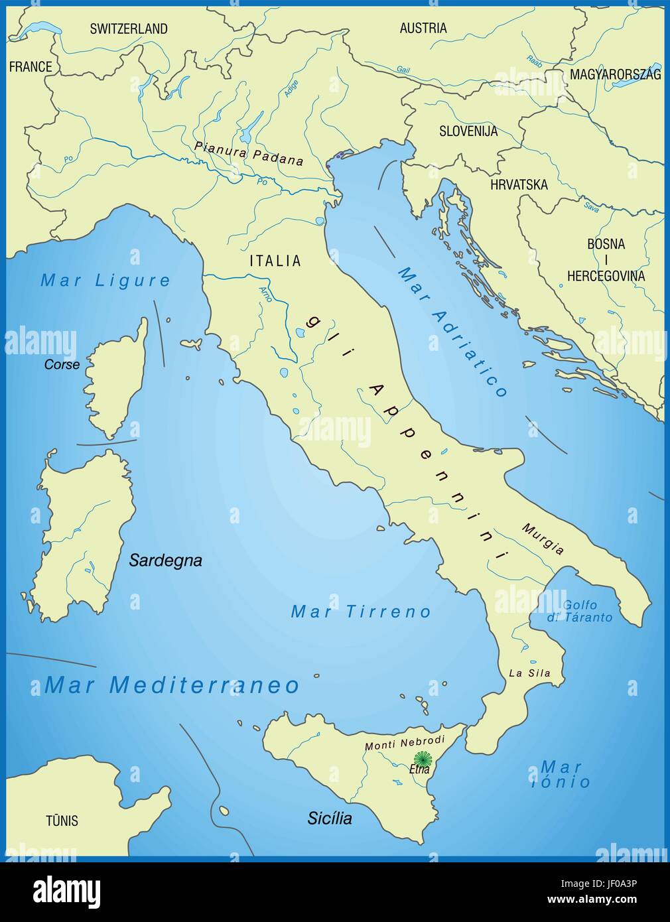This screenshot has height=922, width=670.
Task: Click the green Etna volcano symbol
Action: [x=422, y=758]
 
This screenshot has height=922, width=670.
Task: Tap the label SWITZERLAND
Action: [x=129, y=29]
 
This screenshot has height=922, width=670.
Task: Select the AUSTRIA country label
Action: [x=423, y=28]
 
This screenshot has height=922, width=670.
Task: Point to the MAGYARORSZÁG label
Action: [x=615, y=74]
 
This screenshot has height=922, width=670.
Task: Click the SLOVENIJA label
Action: [x=468, y=131]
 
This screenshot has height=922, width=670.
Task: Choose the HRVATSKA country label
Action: [x=519, y=184]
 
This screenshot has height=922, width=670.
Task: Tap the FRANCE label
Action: [x=31, y=66]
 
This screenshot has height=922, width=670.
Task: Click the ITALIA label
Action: [x=275, y=261]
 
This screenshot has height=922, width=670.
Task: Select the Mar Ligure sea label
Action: [x=105, y=281]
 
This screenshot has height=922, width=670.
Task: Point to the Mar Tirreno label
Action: [x=361, y=612]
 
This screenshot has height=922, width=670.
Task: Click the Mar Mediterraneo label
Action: [x=172, y=685]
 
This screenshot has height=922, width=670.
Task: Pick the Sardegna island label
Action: [x=165, y=560]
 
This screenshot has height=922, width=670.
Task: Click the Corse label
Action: [x=62, y=364]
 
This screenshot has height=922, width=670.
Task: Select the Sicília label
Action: [x=330, y=818]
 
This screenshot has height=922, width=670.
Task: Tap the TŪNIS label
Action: [x=62, y=821]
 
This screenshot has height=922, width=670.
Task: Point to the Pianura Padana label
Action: [x=249, y=153]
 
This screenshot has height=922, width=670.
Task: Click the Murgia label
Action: [x=543, y=539]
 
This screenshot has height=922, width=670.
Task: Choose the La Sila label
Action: [x=529, y=673]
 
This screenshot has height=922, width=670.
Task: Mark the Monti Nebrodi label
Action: [x=405, y=743]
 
